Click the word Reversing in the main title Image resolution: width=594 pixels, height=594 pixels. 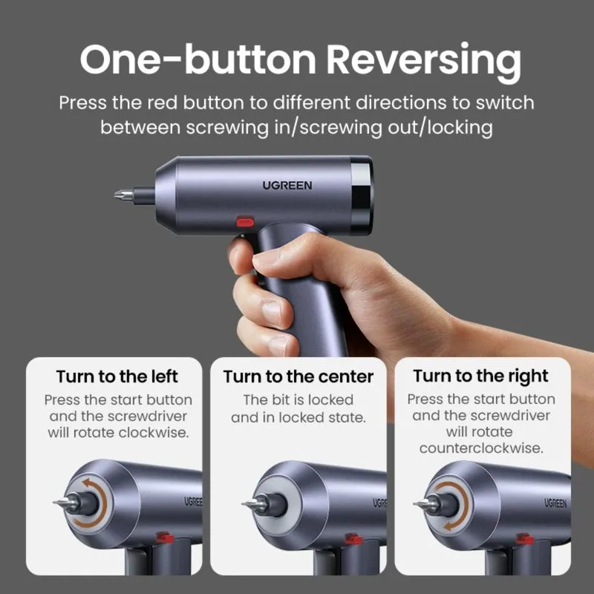[x=424, y=61]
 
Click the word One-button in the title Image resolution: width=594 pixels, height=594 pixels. [x=198, y=59]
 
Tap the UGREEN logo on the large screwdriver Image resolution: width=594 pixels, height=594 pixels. [x=287, y=186]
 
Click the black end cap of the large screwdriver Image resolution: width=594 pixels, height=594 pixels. [x=362, y=196]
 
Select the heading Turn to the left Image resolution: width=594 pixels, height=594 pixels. [x=117, y=376]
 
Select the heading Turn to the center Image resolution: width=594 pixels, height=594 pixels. [x=298, y=376]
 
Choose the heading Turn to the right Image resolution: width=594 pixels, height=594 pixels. [x=480, y=376]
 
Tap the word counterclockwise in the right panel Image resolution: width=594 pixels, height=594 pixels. [x=481, y=448]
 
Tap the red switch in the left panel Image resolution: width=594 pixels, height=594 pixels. [x=165, y=538]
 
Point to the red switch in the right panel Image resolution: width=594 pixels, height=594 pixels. [x=525, y=539]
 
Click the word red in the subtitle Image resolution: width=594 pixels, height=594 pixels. [x=162, y=103]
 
